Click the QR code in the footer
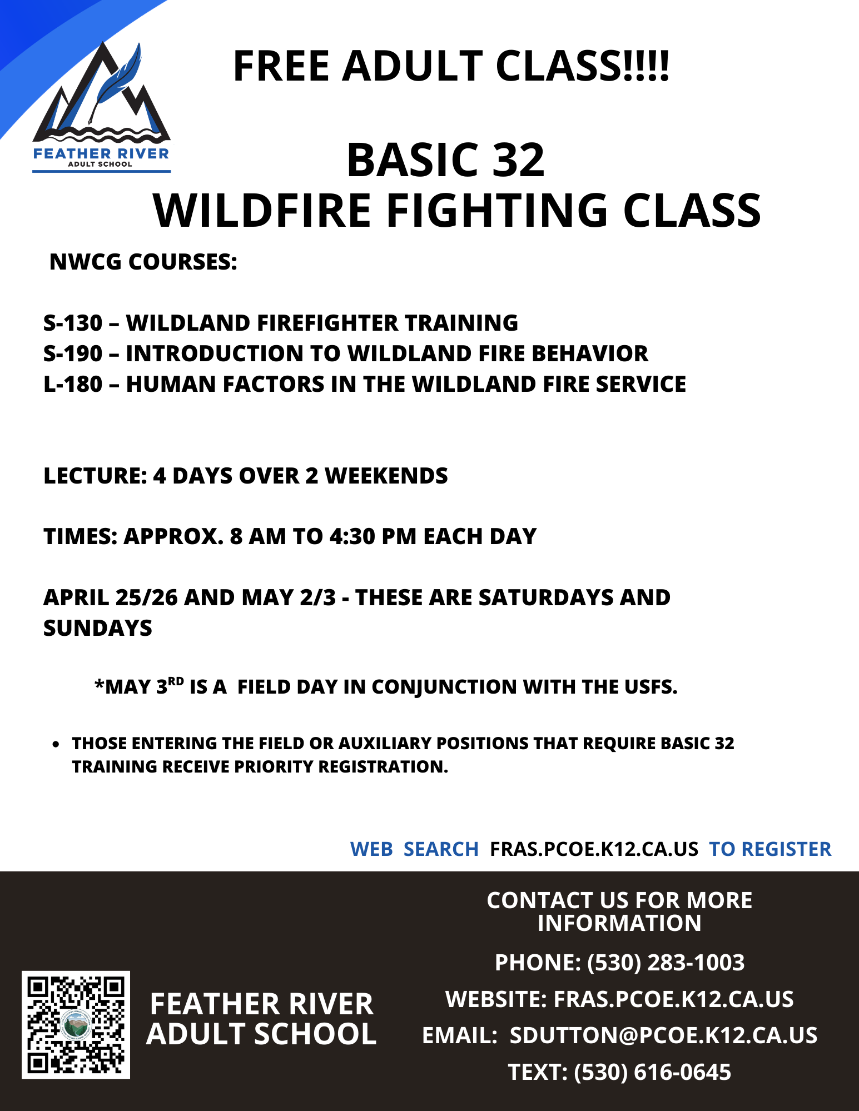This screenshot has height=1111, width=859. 76,1025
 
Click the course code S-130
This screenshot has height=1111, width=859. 73,323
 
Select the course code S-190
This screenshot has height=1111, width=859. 73,353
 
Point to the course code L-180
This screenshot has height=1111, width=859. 73,384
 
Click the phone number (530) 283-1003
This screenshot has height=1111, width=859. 666,963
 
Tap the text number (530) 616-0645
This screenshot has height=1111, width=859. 652,1072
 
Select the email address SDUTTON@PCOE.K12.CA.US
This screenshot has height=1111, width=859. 664,1035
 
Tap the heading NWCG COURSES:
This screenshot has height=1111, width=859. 143,262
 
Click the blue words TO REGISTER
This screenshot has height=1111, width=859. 770,849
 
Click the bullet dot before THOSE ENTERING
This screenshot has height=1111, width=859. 56,744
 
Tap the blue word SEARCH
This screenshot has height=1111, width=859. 441,849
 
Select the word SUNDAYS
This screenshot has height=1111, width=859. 98,628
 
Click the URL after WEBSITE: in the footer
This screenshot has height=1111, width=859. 674,999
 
